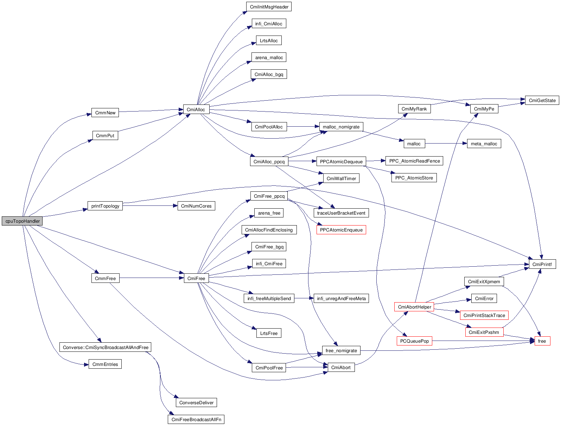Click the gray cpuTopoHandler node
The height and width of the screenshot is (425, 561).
(22, 221)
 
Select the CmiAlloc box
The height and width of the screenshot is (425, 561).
(196, 109)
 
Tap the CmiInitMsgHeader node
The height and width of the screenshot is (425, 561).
(269, 7)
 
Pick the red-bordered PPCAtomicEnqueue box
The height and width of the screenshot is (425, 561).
(341, 230)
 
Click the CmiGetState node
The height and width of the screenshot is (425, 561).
(542, 101)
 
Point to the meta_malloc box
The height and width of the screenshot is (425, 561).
(484, 144)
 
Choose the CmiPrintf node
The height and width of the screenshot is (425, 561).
(542, 265)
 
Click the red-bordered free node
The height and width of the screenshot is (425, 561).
(542, 341)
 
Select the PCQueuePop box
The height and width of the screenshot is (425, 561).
(414, 341)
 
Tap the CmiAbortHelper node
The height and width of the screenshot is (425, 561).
(414, 307)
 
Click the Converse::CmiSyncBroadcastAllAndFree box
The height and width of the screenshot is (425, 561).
(106, 348)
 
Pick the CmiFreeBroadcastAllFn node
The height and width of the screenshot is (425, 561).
(196, 420)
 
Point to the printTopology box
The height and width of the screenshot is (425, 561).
(105, 206)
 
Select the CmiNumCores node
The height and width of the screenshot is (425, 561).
(196, 206)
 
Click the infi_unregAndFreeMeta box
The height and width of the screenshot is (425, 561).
(341, 299)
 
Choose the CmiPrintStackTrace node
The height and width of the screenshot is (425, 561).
(484, 316)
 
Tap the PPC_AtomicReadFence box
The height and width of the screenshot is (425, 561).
(414, 161)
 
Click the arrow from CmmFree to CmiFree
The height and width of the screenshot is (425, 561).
(151, 278)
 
